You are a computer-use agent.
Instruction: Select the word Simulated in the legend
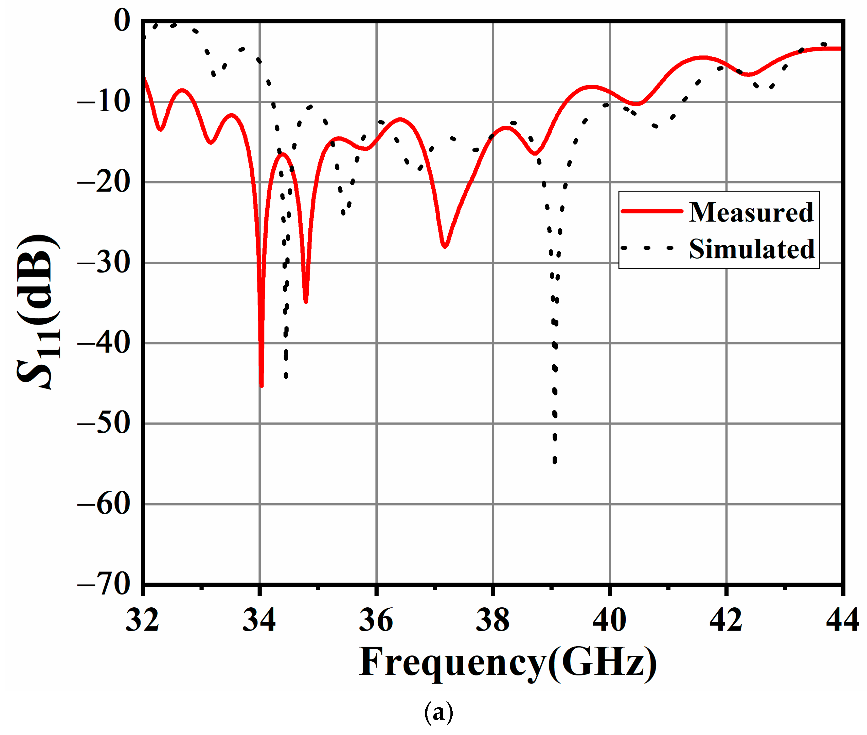(x=752, y=249)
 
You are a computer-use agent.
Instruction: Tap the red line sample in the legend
(x=652, y=211)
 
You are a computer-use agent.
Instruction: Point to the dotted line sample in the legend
(x=647, y=248)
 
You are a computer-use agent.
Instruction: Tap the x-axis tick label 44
(x=842, y=620)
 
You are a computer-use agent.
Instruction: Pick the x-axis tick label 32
(x=142, y=620)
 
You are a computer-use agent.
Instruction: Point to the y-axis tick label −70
(x=104, y=584)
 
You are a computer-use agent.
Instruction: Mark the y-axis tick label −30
(x=104, y=262)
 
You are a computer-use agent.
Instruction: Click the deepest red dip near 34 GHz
(x=261, y=385)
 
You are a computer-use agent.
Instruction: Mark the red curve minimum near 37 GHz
(x=445, y=246)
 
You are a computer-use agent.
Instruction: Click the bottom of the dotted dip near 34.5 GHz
(x=286, y=376)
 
